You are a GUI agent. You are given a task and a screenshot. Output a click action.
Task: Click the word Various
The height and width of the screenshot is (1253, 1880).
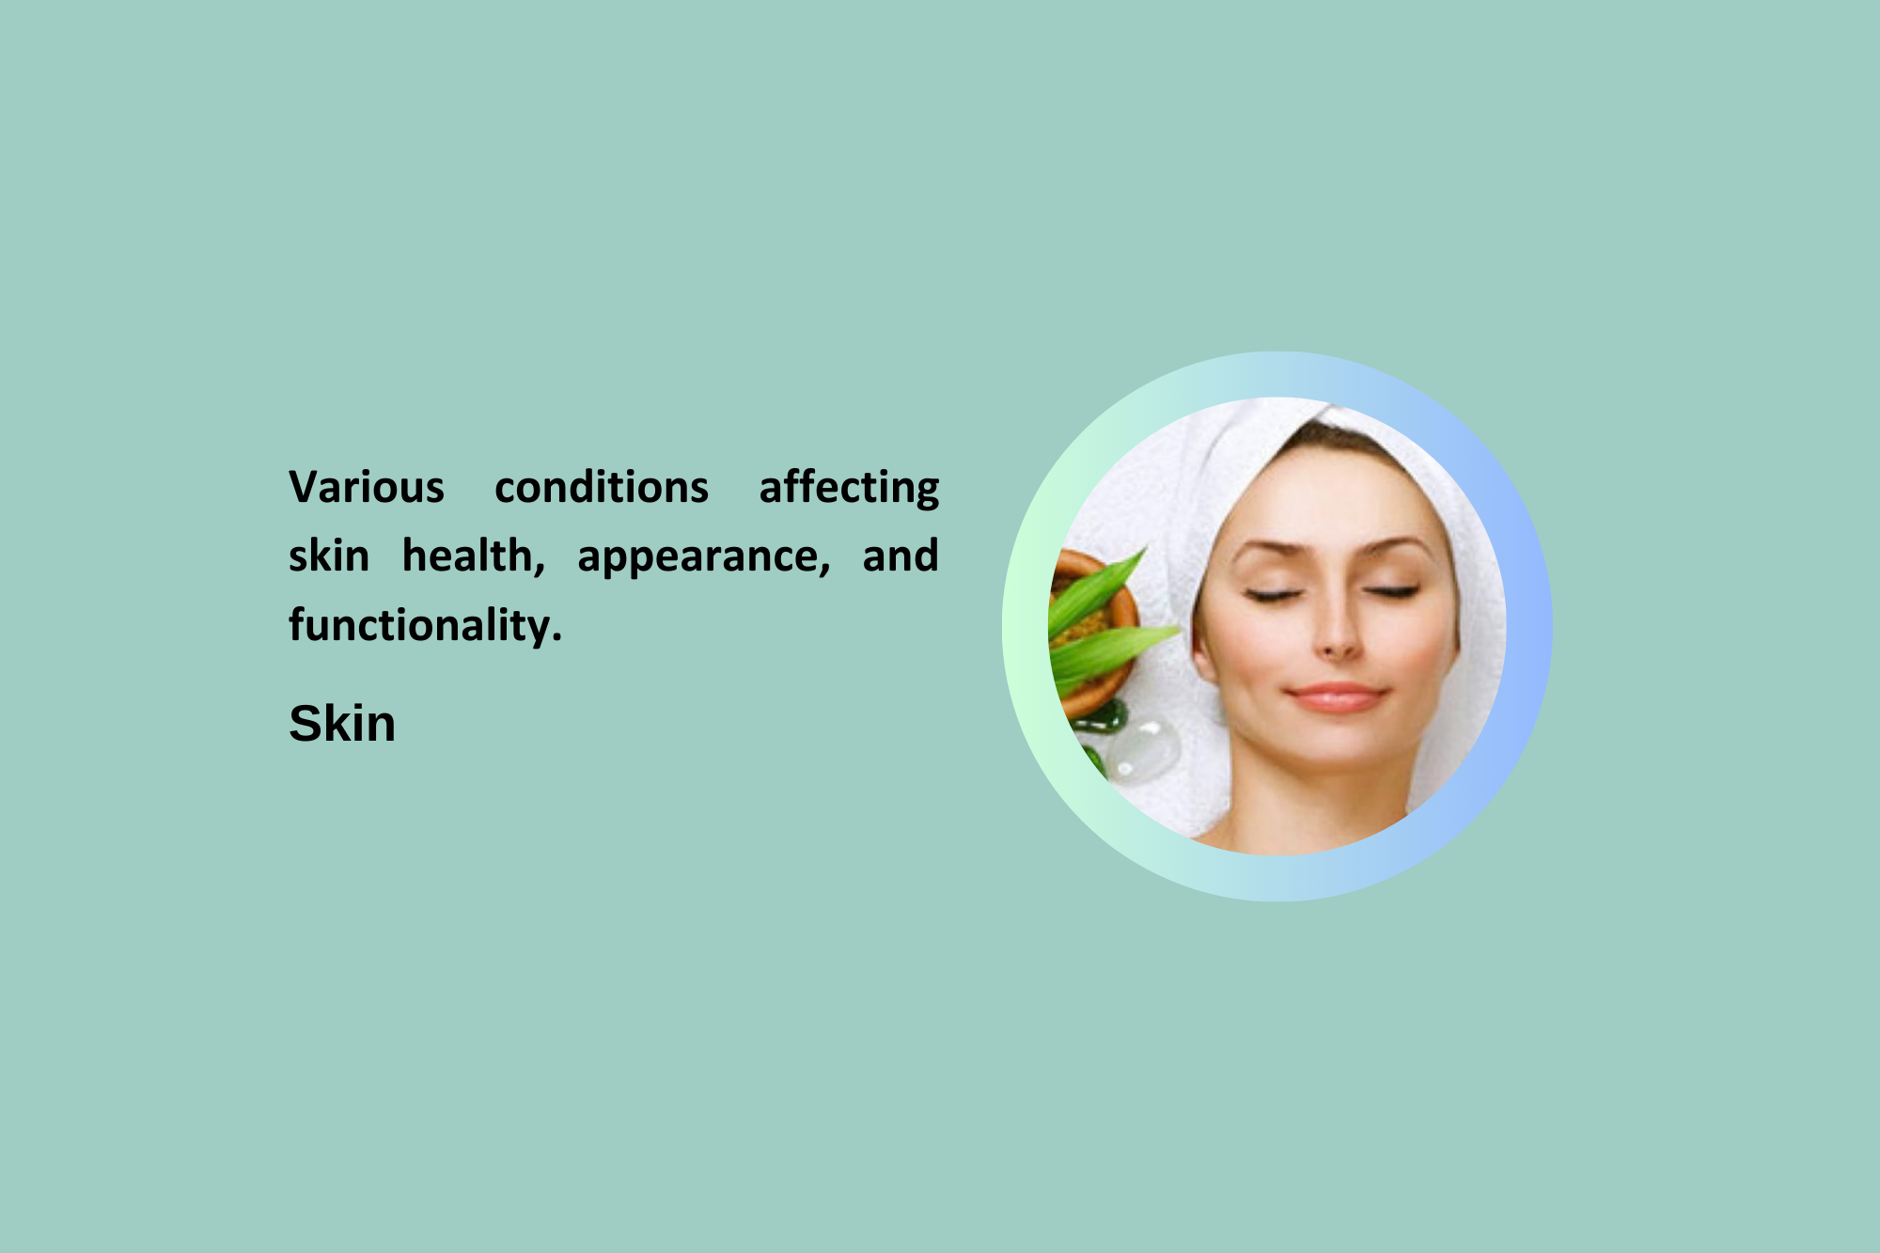(x=367, y=488)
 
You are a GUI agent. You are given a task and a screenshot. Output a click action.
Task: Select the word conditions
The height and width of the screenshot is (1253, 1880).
(x=602, y=488)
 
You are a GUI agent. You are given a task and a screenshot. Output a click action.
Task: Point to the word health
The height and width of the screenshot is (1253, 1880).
(x=474, y=556)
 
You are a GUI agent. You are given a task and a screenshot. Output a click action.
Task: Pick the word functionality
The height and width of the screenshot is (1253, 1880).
(x=425, y=625)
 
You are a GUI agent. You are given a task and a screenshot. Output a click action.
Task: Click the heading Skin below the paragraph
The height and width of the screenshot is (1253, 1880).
(x=342, y=724)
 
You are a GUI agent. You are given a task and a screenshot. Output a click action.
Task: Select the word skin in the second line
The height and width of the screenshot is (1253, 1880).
(x=329, y=556)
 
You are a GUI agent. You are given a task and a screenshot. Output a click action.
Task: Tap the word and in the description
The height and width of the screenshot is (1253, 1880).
(x=901, y=556)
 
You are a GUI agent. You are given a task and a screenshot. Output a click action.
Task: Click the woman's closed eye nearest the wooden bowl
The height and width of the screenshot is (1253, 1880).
(x=1274, y=594)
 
